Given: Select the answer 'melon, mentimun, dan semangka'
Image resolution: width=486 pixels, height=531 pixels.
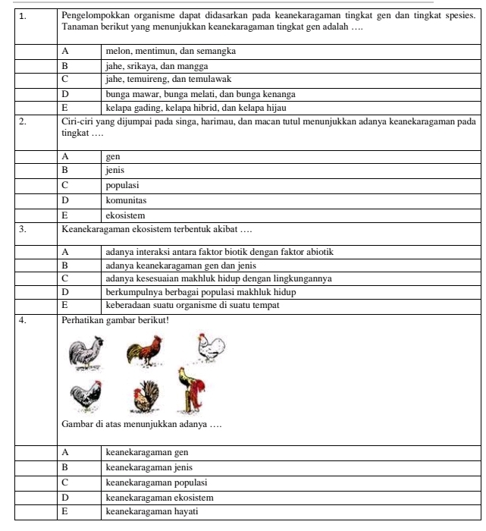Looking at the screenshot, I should [171, 51].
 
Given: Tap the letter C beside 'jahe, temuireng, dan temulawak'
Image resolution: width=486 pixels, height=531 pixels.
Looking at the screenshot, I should [65, 79].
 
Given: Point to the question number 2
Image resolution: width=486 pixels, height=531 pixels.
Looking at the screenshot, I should [24, 121].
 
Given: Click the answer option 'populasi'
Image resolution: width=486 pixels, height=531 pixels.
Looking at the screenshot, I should [122, 185].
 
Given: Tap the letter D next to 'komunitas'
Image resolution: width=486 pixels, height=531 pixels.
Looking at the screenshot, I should [65, 201].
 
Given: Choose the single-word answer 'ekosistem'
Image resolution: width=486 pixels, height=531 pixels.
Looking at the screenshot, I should [125, 215].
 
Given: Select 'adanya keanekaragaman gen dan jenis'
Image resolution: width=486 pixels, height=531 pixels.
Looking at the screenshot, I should [180, 265].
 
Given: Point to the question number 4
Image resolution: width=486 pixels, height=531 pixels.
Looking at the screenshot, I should [24, 319].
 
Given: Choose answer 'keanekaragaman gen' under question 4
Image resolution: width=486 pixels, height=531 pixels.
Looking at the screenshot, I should [146, 452].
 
